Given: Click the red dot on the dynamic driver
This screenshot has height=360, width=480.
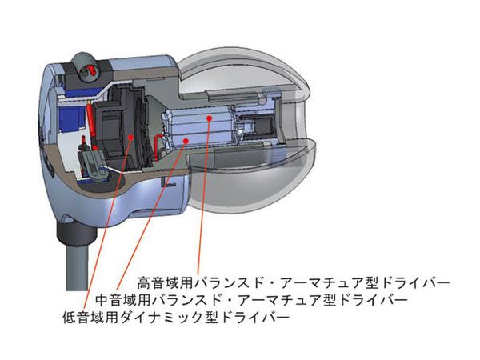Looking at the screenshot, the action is point(131,137).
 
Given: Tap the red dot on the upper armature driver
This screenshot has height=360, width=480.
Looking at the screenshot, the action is point(210,118).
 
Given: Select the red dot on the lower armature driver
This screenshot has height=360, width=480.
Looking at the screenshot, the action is point(185,140).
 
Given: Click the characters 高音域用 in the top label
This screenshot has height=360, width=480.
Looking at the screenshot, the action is point(165,282).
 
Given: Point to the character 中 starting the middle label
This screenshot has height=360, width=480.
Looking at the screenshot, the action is point(102,300).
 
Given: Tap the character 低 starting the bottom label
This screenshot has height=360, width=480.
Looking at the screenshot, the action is point(69,317).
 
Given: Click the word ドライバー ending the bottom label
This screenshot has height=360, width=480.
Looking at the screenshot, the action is point(254,317).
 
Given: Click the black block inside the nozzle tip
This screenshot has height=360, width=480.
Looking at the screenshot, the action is point(264,126).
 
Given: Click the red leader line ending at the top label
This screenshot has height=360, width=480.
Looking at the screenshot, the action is point(204,196).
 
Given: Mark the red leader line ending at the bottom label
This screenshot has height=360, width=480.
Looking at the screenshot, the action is point(107,223).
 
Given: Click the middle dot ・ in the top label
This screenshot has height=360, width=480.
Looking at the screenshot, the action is point(273,282).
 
